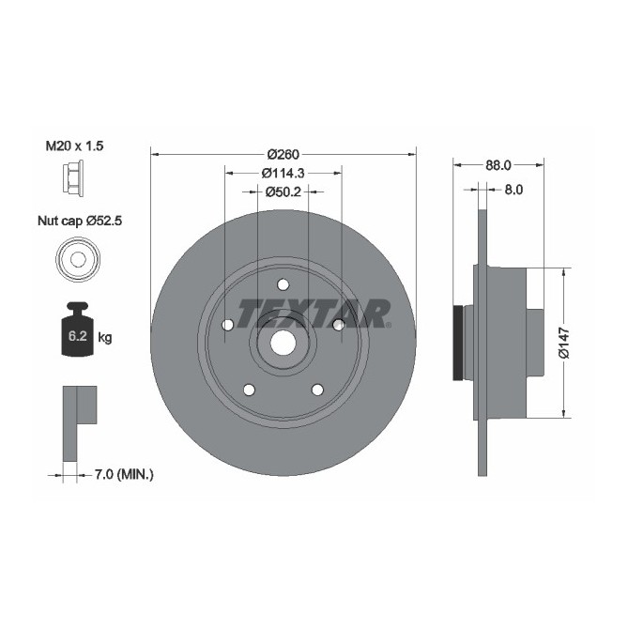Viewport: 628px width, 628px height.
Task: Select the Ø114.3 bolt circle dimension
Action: [284, 174]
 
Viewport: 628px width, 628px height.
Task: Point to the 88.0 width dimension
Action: [498, 164]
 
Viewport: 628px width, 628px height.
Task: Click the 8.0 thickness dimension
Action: [513, 189]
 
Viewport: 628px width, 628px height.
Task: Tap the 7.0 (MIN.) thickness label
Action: [125, 475]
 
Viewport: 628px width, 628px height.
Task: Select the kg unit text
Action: [105, 337]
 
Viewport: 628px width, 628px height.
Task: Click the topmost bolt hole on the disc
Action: [283, 284]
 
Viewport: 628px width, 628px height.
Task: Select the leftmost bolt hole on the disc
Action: [227, 325]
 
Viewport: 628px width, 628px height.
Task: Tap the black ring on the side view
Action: [459, 344]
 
